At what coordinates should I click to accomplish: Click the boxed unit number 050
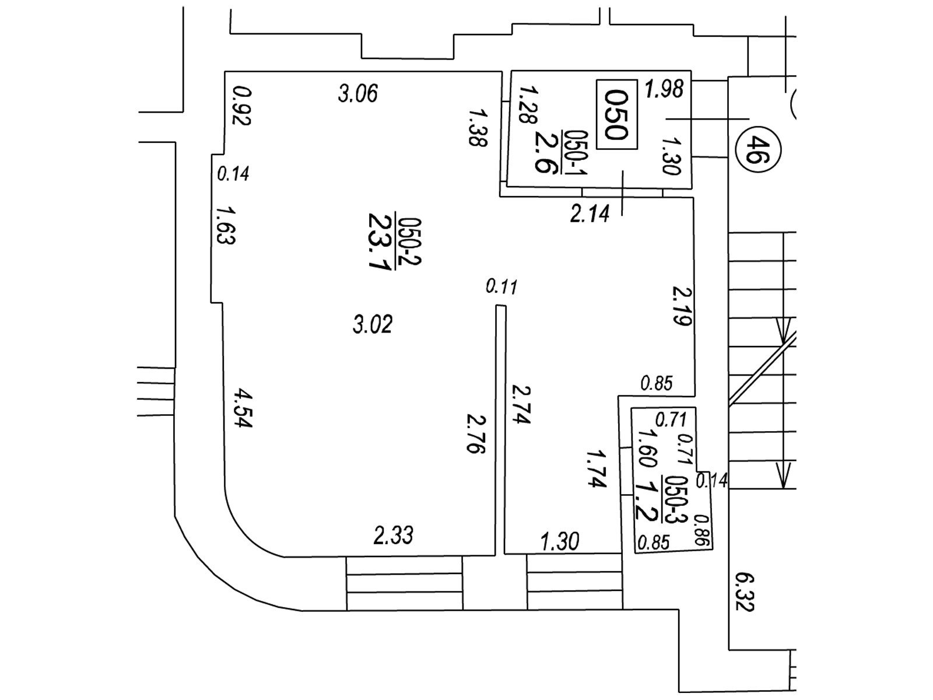[x=616, y=115]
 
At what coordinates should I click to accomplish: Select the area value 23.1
[x=380, y=240]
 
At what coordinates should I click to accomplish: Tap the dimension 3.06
[x=358, y=93]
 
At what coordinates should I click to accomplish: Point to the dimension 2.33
[x=394, y=535]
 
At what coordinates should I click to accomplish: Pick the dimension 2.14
[x=590, y=214]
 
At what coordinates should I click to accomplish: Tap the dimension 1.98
[x=664, y=89]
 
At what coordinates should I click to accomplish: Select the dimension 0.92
[x=241, y=106]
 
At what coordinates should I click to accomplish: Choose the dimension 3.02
[x=373, y=324]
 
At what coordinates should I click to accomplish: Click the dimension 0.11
[x=501, y=287]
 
